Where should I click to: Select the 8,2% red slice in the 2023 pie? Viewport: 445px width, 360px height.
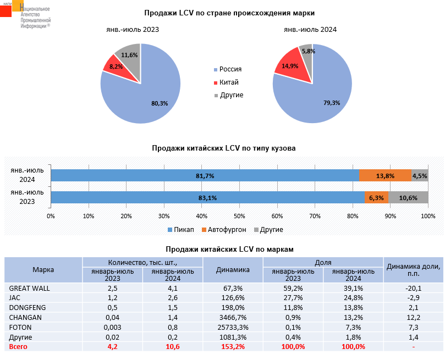(x=114, y=65)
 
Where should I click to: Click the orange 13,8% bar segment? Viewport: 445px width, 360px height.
(x=385, y=175)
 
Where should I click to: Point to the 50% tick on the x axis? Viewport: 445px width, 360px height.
(x=239, y=215)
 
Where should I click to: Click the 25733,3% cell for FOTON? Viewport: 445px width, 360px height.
(x=233, y=327)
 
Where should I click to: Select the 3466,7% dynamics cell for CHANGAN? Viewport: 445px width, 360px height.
(x=233, y=317)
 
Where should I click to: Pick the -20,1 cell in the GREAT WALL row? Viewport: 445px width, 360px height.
(x=413, y=288)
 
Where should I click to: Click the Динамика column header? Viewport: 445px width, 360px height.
(x=233, y=269)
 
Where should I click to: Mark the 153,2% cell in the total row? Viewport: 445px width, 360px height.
(x=233, y=347)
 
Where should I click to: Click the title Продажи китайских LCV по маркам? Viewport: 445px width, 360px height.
(x=229, y=249)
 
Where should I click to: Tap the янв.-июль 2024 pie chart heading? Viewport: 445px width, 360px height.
(x=310, y=30)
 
